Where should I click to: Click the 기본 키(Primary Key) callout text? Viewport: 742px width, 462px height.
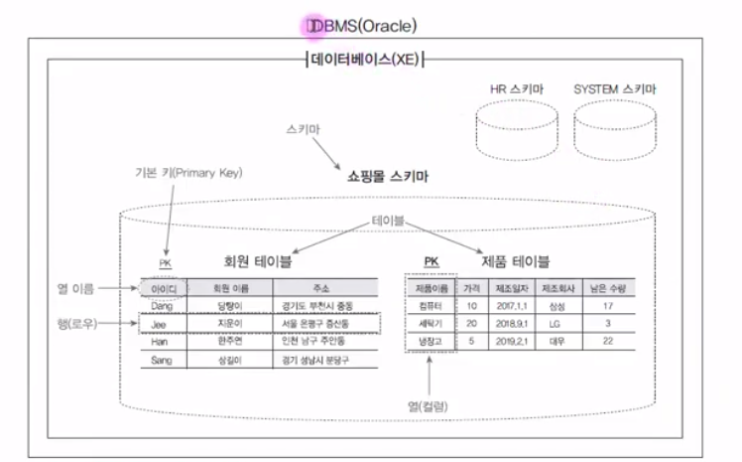point(188,172)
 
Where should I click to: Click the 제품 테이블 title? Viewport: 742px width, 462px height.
point(515,262)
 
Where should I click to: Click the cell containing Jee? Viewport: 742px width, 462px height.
point(159,324)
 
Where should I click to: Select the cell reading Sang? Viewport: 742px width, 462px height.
point(161,360)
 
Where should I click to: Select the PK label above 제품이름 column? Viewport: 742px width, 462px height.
point(431,262)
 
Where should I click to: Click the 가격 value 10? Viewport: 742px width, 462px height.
point(471,306)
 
